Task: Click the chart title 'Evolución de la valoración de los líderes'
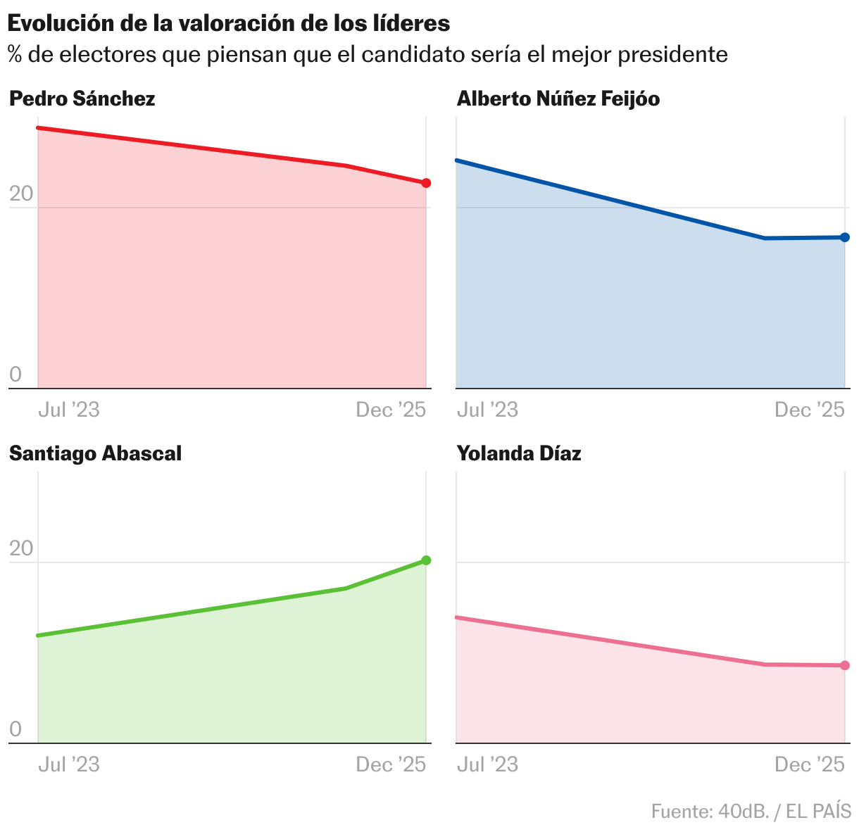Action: tap(229, 23)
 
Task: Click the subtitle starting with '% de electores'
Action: tap(368, 54)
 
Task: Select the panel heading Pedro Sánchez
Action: tap(82, 99)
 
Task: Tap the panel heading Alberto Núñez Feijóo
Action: tap(558, 99)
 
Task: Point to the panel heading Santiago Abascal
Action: tap(95, 453)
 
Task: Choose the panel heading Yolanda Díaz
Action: tap(519, 453)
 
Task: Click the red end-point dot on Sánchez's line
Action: tap(426, 183)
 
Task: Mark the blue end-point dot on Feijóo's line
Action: tap(845, 237)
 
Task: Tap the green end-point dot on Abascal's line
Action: tap(426, 560)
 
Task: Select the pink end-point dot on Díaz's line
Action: tap(845, 665)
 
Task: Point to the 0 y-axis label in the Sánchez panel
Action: tap(15, 374)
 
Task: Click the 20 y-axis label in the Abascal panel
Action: tap(21, 548)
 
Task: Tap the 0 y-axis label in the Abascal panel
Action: tap(15, 729)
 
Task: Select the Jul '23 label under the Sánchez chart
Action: tap(68, 410)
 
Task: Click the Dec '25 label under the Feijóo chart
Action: tap(809, 410)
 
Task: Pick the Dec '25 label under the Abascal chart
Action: tap(391, 764)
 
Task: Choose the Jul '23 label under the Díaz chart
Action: tap(487, 764)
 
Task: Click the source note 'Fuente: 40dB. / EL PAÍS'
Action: tap(751, 812)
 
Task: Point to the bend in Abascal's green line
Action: tap(346, 588)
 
